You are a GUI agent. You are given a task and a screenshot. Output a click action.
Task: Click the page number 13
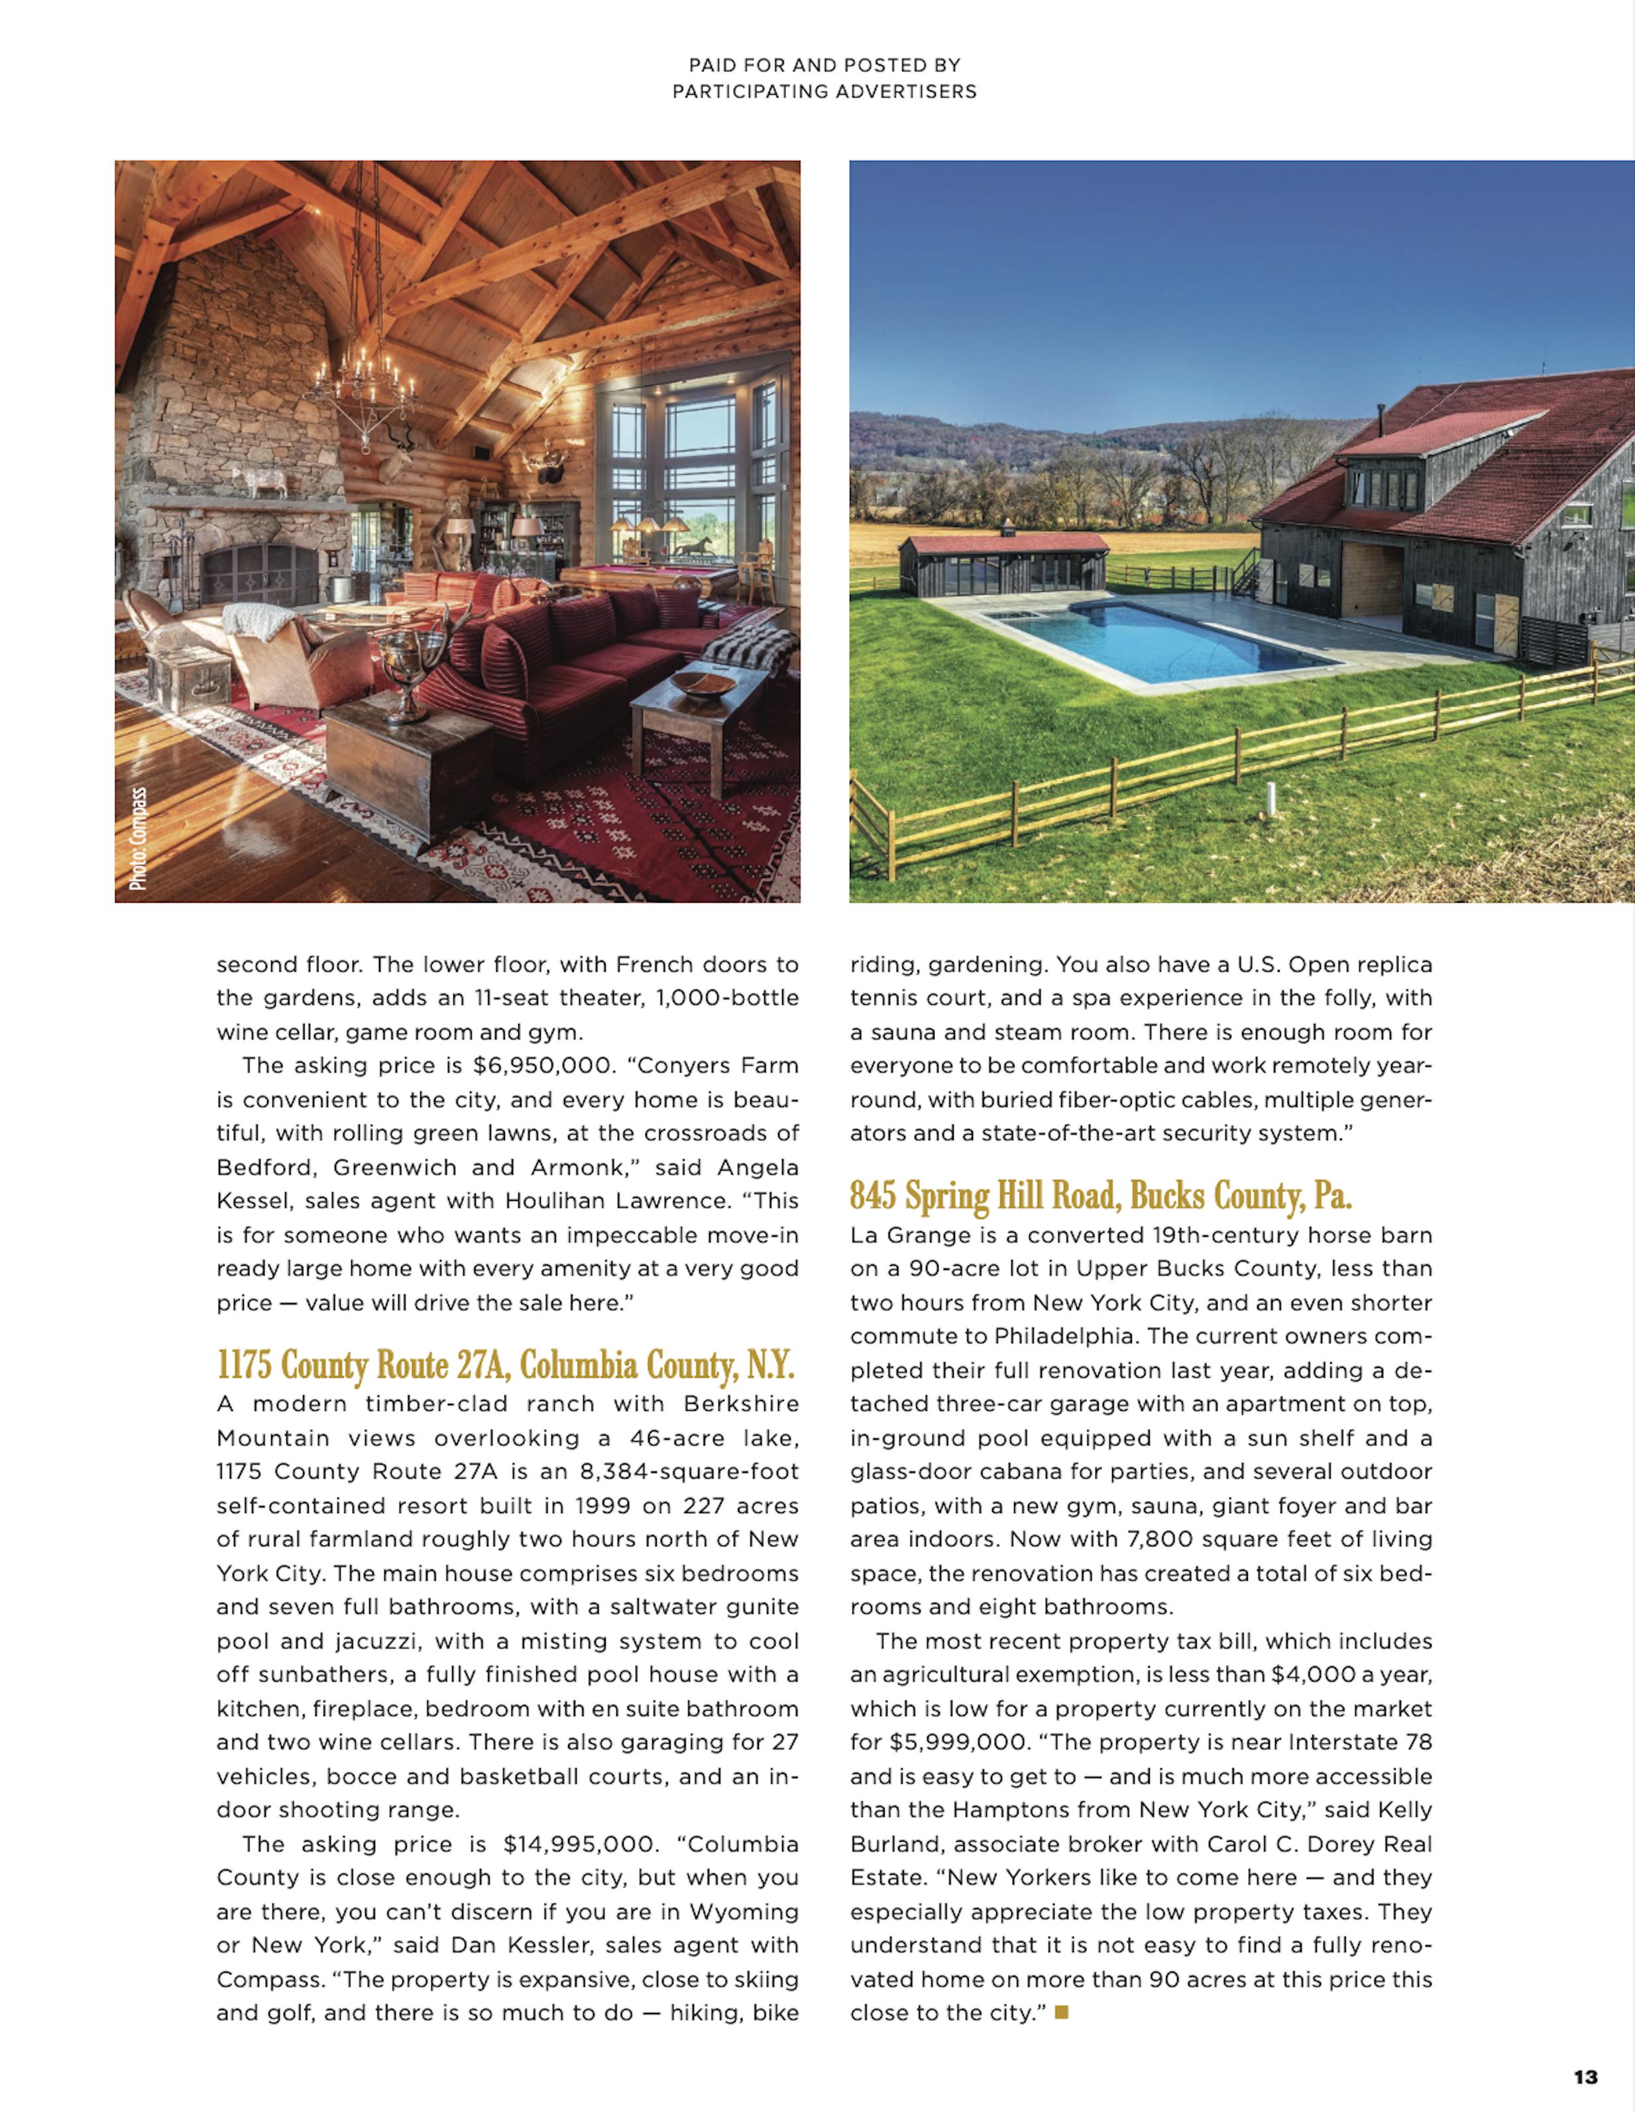(x=1585, y=2077)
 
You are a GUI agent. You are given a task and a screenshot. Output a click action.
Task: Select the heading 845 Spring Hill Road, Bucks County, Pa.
(x=1100, y=1197)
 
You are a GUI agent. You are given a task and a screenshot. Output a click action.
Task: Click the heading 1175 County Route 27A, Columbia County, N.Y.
(x=505, y=1365)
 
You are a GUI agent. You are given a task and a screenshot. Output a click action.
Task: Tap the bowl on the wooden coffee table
(x=703, y=684)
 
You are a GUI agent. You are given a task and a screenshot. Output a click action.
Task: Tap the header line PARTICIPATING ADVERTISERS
(x=824, y=92)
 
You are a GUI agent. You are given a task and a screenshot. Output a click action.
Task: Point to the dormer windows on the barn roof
(x=1385, y=488)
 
